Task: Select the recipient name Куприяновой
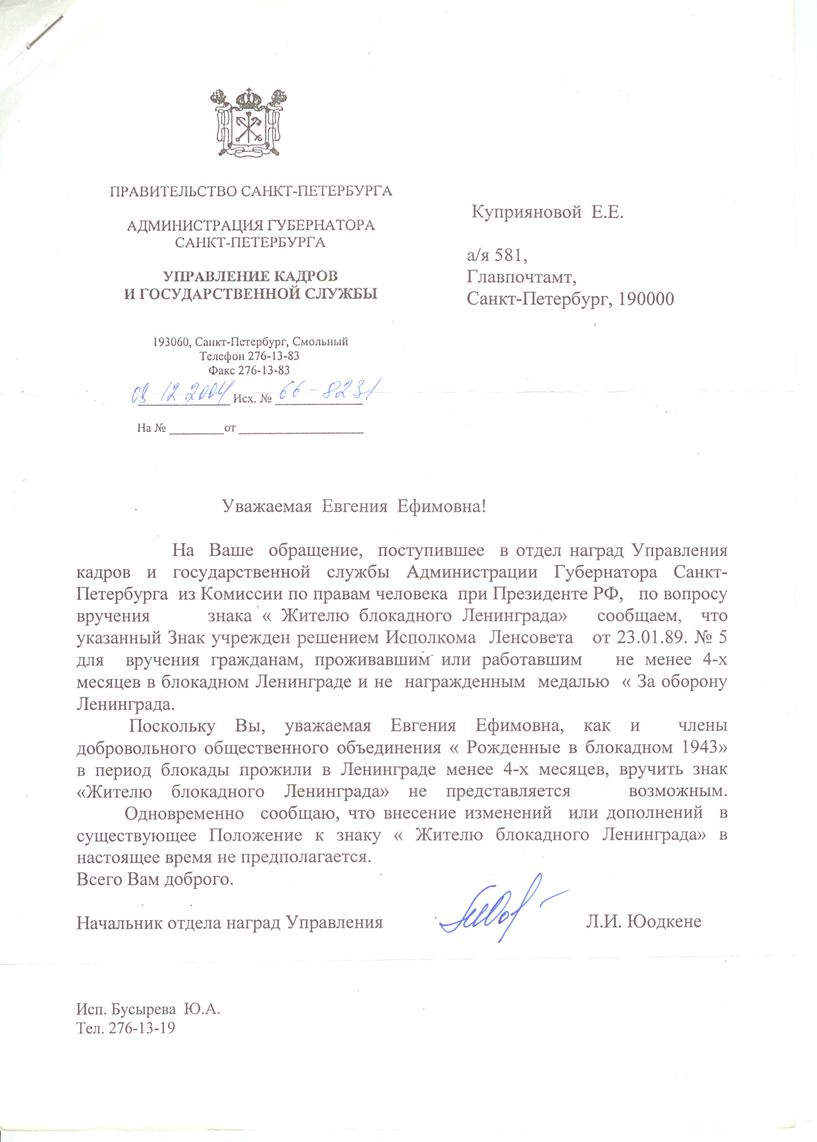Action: (526, 213)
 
